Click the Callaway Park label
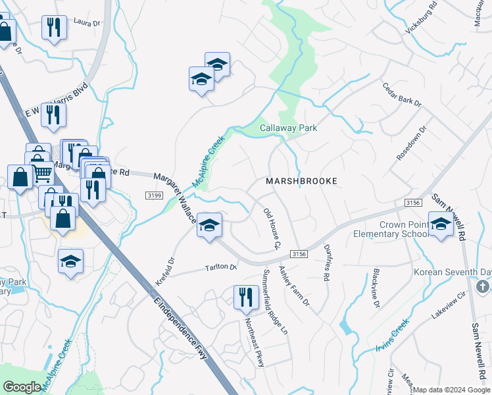288,128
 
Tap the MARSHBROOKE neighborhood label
301,180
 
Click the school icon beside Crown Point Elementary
441,224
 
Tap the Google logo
22,387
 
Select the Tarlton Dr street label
220,267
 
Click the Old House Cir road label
272,228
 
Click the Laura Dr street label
86,23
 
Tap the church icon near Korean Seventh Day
482,287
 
